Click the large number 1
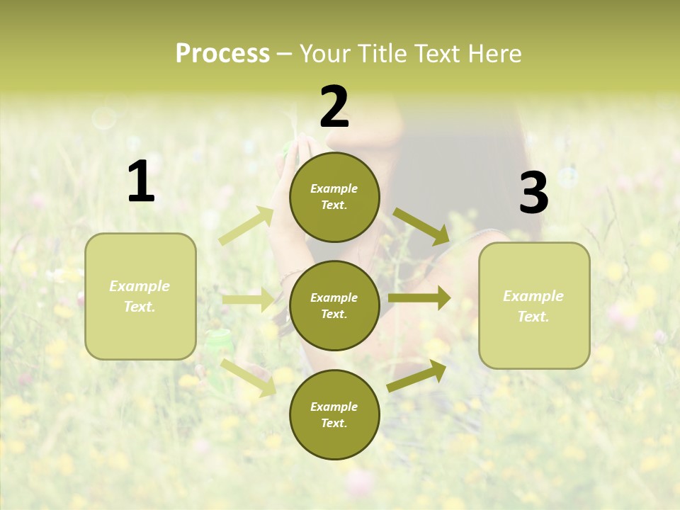(x=141, y=181)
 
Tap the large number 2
(x=334, y=107)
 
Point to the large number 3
(x=533, y=193)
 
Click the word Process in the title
(x=222, y=53)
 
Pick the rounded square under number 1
(x=140, y=296)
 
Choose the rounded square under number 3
(x=534, y=305)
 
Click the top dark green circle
(x=334, y=197)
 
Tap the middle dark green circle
(x=334, y=305)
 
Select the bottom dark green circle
(x=334, y=414)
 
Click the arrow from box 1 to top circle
(x=246, y=226)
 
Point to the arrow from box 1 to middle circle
(x=248, y=300)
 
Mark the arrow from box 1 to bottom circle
(x=249, y=378)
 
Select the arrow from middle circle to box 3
(x=419, y=298)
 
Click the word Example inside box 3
(x=533, y=296)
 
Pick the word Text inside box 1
(x=140, y=307)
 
